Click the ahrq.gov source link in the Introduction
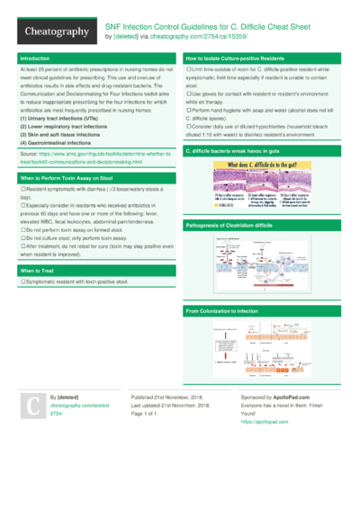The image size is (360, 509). click(x=90, y=158)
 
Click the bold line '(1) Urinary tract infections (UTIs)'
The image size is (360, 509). click(x=63, y=118)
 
